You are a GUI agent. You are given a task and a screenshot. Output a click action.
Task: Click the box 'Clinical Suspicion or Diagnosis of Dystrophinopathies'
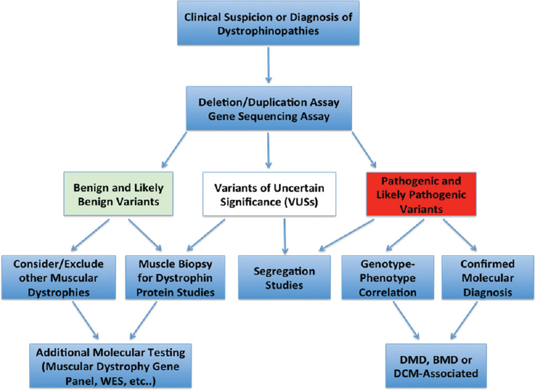coord(268,23)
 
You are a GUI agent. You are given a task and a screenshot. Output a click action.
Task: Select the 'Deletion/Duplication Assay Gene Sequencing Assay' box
coord(269,108)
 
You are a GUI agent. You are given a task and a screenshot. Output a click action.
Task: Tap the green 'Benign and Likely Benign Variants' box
coord(119,194)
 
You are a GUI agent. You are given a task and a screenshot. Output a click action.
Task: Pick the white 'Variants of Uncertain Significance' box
coord(269,194)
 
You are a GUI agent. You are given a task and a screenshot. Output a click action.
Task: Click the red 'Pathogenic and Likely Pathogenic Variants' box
coord(421,194)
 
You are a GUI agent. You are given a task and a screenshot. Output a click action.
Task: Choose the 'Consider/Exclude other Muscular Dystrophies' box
coord(58,278)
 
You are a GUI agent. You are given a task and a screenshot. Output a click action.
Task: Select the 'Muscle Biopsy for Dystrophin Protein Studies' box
coord(175,278)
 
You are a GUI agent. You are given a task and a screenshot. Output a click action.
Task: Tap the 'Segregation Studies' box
coord(284,278)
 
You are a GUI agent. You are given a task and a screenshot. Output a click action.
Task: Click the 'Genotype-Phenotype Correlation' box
coord(388,278)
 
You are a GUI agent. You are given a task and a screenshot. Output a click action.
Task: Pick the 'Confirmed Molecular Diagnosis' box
coord(488,278)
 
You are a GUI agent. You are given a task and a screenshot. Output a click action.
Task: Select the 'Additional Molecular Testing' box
coord(111,366)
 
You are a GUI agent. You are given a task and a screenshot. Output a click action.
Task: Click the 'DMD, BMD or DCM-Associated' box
coord(436,366)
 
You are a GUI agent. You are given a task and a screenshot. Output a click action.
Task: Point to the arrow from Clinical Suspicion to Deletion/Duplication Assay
coord(268,65)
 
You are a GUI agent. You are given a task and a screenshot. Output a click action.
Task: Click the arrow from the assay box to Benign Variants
coord(174,149)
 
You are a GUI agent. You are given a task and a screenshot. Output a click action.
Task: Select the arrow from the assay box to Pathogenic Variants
coord(364,149)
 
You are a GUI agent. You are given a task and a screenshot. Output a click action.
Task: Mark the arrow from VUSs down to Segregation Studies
coord(284,237)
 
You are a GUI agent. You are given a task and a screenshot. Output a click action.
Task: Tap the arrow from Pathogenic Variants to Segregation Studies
coord(347,235)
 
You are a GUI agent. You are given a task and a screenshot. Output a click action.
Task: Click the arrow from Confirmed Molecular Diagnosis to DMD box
coord(464,320)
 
